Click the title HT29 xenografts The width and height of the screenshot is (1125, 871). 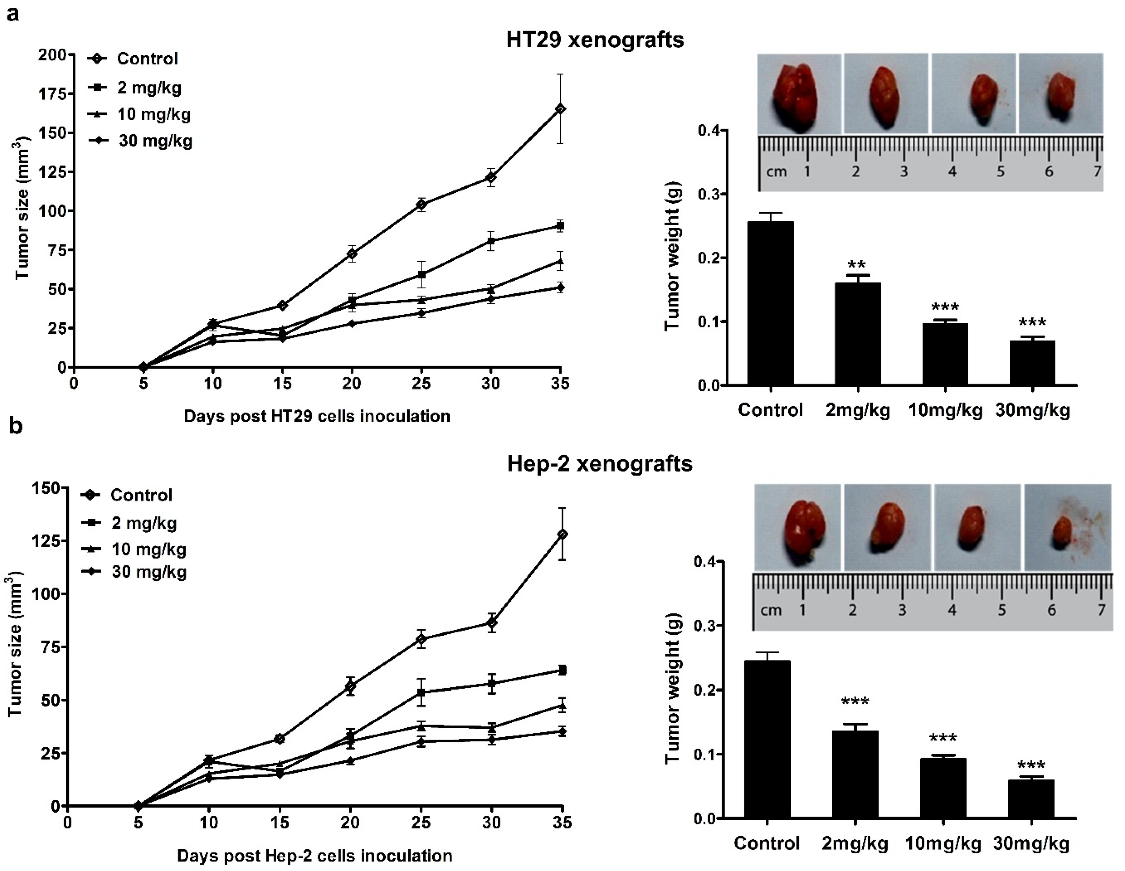[595, 40]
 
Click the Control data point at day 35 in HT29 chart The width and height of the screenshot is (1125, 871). [560, 109]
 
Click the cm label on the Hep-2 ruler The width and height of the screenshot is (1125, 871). [771, 610]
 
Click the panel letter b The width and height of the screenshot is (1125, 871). [16, 426]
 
